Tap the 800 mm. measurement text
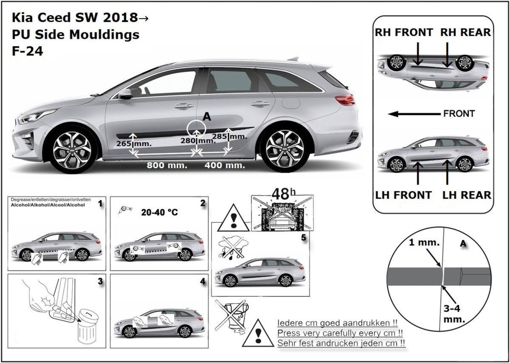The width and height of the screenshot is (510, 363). (167, 166)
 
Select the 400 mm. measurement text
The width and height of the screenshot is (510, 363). (225, 166)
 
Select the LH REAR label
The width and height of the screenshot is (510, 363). (467, 195)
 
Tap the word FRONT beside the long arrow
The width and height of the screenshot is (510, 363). (459, 114)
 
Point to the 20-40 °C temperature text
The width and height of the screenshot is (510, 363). (160, 212)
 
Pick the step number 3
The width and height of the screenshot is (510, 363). (100, 281)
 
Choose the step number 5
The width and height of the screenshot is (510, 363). (303, 237)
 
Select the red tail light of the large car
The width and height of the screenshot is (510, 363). (344, 99)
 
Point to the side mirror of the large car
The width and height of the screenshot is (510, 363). (125, 94)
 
